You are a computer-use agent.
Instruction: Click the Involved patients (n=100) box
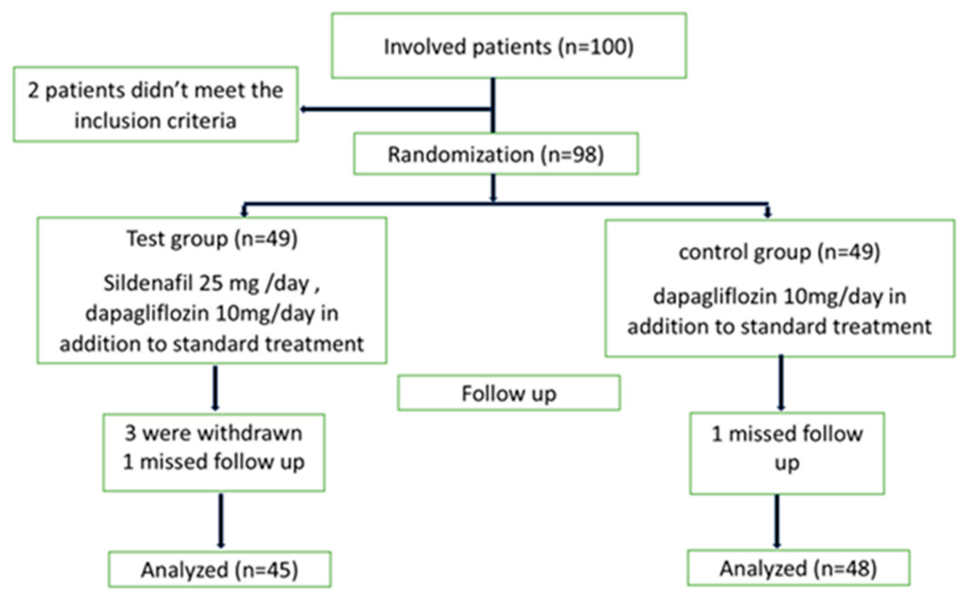pos(509,45)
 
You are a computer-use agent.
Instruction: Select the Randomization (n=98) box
pos(496,154)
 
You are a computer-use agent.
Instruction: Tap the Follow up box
pos(509,393)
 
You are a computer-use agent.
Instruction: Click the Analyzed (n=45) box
pos(219,570)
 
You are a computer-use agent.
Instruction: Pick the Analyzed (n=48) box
pos(798,568)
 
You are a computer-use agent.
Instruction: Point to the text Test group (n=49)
pos(212,239)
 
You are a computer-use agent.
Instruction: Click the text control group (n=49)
pos(779,252)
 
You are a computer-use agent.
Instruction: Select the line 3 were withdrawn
pos(213,432)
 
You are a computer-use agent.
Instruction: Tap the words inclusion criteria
pos(155,121)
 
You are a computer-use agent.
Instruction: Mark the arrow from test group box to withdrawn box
pos(215,388)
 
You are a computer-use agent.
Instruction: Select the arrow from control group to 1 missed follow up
pos(781,383)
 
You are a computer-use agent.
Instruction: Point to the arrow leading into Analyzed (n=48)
pos(777,521)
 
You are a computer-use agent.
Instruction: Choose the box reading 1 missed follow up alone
pos(787,453)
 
